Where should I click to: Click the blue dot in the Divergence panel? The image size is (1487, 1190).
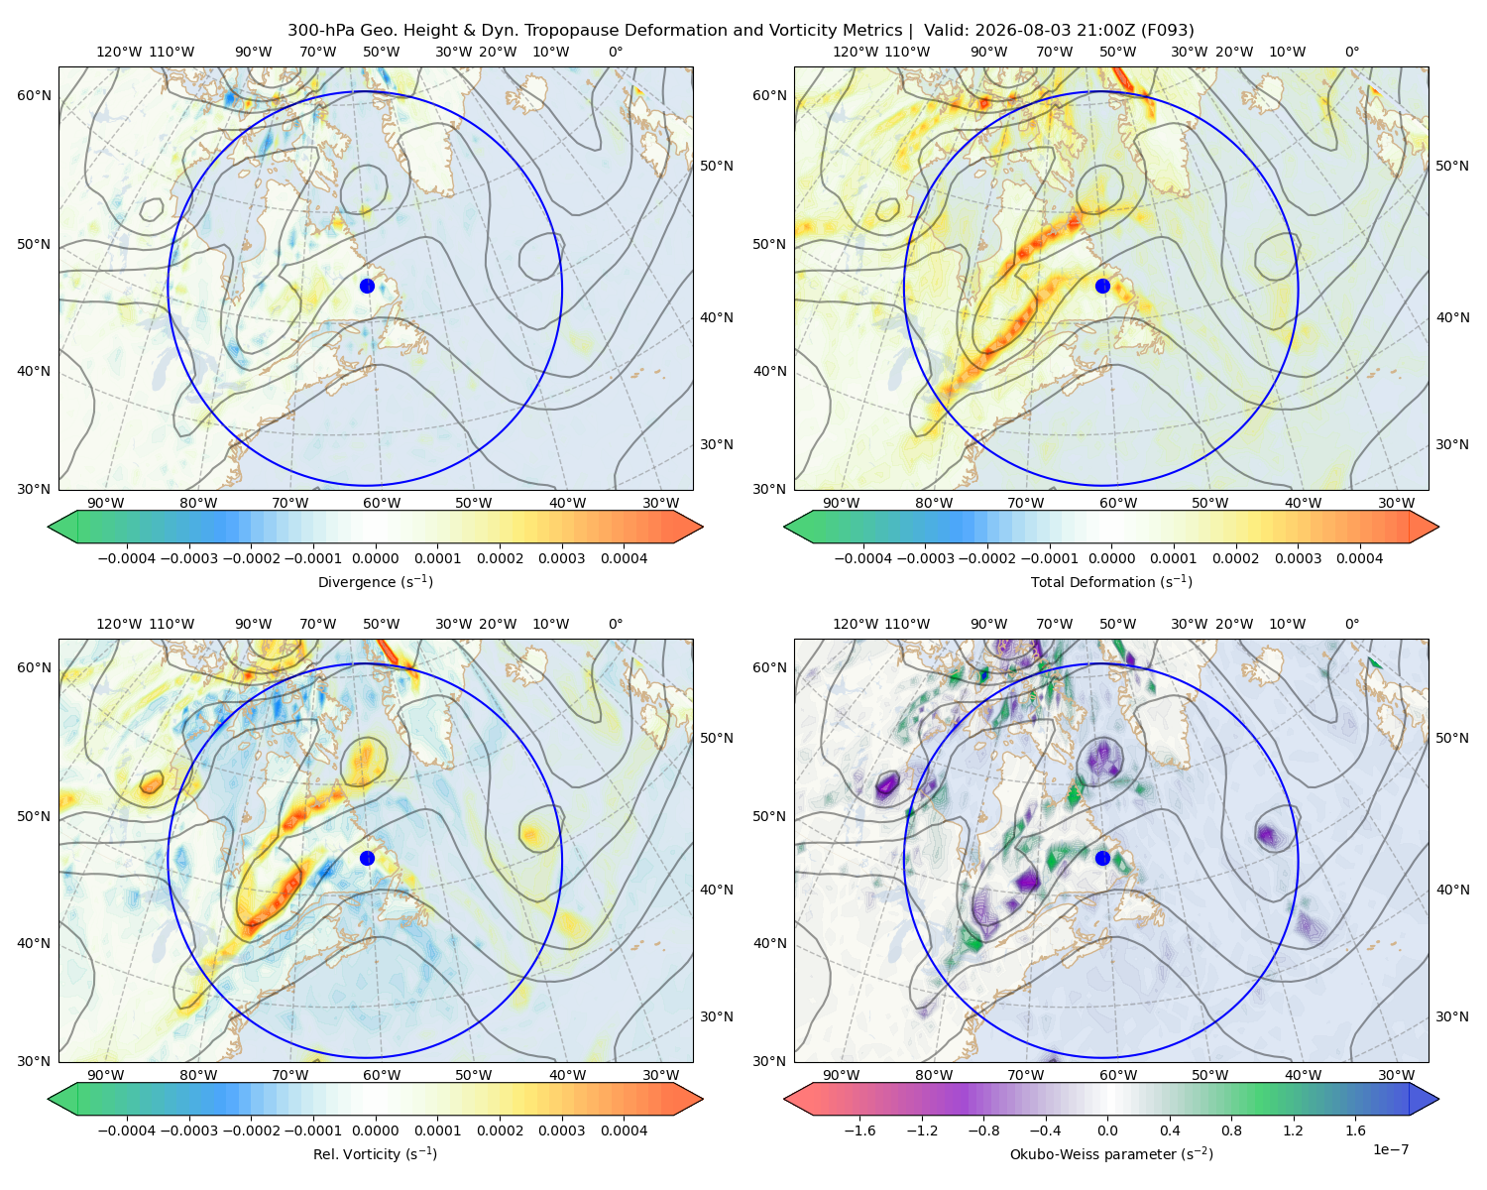pos(367,286)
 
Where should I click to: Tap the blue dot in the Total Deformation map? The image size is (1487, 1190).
pos(1102,286)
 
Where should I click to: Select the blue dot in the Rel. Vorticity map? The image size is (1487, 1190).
pos(367,858)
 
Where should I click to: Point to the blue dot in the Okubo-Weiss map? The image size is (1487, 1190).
pos(1102,858)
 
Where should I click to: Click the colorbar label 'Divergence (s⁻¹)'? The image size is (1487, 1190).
pos(375,581)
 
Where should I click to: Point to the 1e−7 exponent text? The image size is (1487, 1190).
pos(1390,1149)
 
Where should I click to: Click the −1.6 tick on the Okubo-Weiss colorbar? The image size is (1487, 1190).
pos(859,1130)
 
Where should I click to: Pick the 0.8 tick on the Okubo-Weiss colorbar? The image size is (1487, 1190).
pos(1231,1130)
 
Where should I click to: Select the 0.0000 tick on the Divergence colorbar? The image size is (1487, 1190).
pos(375,558)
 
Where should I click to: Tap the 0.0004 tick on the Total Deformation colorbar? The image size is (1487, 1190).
pos(1359,558)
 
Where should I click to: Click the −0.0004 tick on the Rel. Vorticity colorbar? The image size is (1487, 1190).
pos(127,1130)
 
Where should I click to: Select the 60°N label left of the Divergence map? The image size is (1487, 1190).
pos(34,95)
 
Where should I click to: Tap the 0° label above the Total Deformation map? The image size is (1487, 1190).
pos(1351,52)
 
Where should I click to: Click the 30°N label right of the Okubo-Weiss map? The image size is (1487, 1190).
pos(1451,1015)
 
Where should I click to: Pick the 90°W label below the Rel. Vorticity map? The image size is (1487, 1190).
pos(106,1075)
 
